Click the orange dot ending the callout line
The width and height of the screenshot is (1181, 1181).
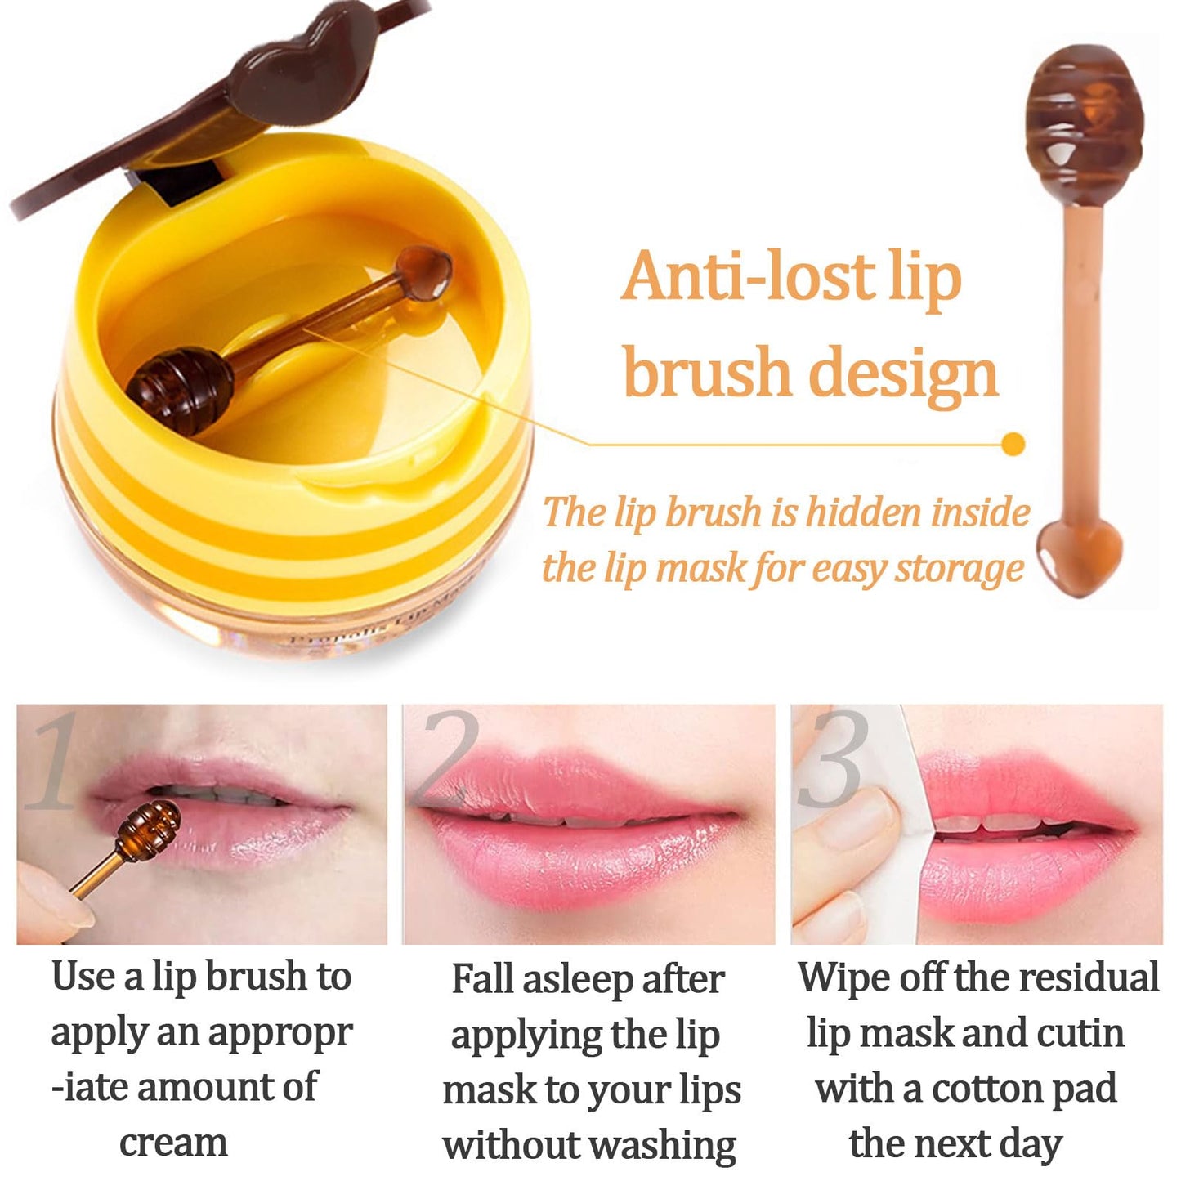coord(1013,444)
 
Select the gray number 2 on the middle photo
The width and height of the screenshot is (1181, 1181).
coord(447,756)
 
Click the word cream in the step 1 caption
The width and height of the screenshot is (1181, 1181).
coord(173,1143)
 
